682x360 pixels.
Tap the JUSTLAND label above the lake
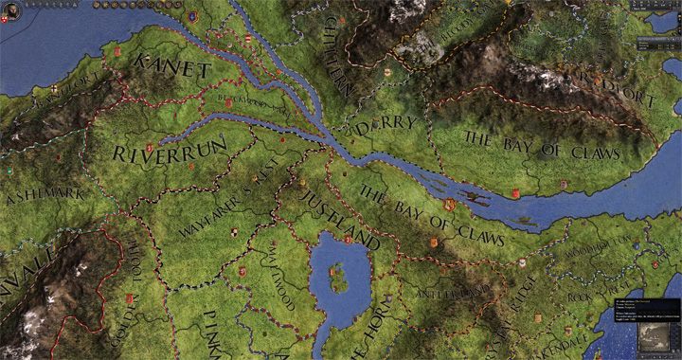tap(339, 218)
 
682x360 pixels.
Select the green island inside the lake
tap(335, 278)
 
